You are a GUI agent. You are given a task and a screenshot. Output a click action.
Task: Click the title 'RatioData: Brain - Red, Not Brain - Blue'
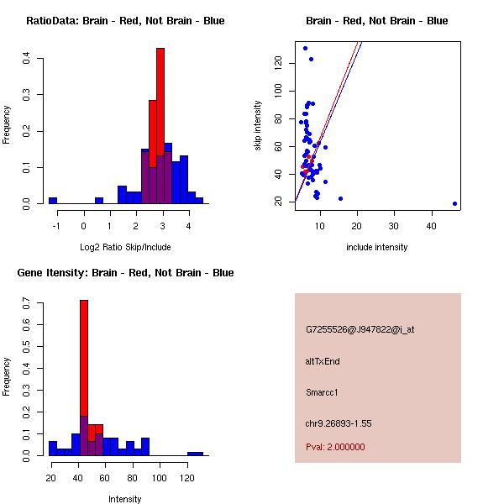[x=125, y=20]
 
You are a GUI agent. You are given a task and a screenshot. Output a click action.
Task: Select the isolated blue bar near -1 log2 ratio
[x=53, y=201]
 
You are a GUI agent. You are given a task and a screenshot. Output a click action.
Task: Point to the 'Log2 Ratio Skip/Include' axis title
[x=125, y=247]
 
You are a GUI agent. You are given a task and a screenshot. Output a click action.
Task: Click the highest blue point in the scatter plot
[x=305, y=48]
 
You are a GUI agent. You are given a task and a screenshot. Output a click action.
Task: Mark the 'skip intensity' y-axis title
[x=258, y=126]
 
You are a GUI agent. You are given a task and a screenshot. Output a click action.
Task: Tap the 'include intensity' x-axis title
[x=377, y=247]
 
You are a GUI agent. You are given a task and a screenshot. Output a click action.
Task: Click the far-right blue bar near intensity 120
[x=195, y=454]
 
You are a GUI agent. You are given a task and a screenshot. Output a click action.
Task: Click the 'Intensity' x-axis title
[x=125, y=499]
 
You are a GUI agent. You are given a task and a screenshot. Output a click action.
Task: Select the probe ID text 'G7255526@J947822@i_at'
[x=360, y=329]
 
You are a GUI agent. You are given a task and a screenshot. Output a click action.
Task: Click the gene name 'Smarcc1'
[x=322, y=392]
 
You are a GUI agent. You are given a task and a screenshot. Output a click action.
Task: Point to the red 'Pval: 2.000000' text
[x=335, y=447]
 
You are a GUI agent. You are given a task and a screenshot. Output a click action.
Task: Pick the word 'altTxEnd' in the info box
[x=323, y=361]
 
